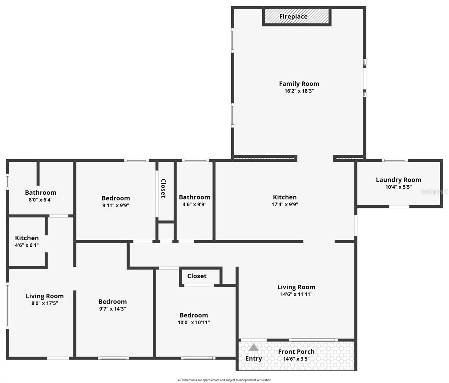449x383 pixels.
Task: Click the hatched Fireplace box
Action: point(296,17)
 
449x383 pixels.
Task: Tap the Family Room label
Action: point(299,84)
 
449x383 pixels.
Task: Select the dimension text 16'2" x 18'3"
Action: point(299,91)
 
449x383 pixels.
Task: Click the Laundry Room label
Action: point(398,180)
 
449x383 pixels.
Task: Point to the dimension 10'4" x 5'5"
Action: point(398,187)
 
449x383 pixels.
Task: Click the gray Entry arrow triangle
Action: point(253,347)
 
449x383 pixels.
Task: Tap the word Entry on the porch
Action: point(253,358)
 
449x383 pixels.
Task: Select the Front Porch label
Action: point(296,351)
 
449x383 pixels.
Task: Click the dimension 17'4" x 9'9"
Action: point(285,205)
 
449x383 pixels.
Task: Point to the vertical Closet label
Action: point(163,188)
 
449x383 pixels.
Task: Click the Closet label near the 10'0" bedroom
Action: point(197,276)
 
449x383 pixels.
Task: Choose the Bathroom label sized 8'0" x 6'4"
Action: point(40,192)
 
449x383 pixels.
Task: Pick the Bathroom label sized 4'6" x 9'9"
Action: point(194,197)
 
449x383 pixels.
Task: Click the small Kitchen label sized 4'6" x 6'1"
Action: point(27,238)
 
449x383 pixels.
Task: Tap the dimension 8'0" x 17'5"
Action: point(45,303)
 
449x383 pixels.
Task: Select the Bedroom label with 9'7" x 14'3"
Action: point(112,302)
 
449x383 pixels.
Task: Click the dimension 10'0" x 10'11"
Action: point(194,322)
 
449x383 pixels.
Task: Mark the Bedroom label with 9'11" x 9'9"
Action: point(116,198)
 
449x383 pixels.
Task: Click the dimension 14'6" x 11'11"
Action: point(296,294)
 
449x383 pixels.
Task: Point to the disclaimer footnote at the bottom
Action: point(224,380)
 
